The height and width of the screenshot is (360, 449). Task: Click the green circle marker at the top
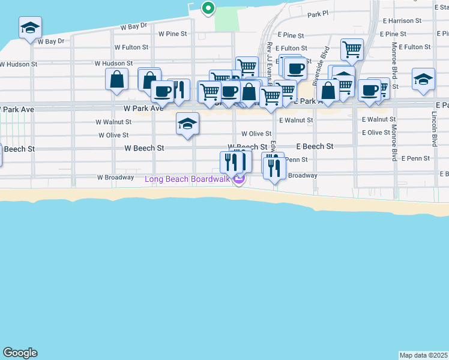tap(208, 8)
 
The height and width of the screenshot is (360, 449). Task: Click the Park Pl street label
tap(318, 14)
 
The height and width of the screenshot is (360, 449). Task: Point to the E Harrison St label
tap(410, 21)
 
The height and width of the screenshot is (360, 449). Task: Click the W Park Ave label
tap(143, 109)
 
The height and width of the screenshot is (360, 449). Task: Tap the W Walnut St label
tap(113, 122)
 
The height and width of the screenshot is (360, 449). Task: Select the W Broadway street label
tap(115, 178)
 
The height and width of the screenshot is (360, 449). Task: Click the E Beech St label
tap(315, 146)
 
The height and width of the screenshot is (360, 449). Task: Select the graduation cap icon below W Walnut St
tap(187, 124)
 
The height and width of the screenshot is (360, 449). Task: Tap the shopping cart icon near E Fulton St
tap(352, 49)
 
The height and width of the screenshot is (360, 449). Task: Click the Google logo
tap(20, 353)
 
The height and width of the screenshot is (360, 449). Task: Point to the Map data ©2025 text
tap(423, 355)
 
